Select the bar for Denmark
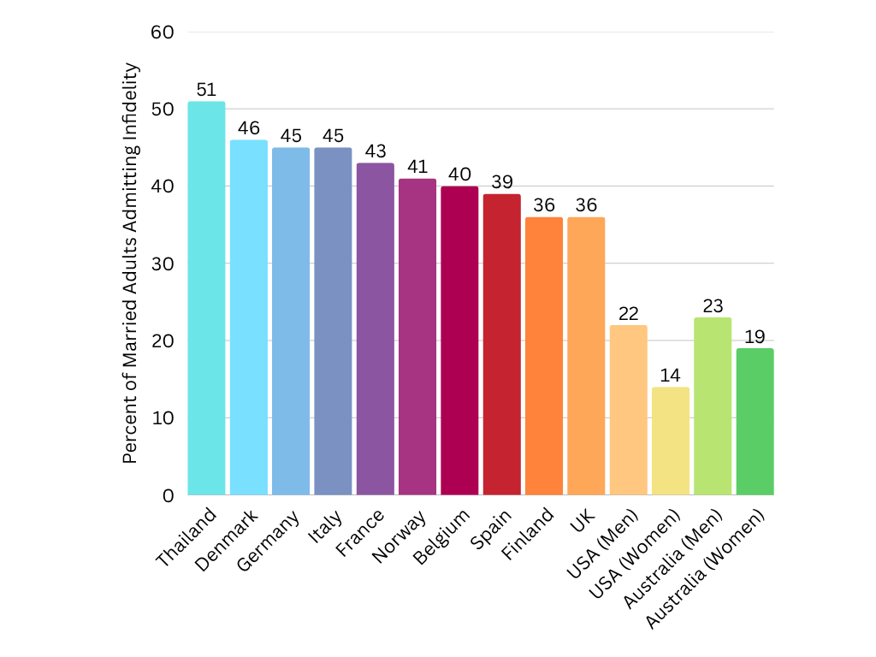pos(248,317)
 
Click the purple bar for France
pos(375,328)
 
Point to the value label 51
pos(206,90)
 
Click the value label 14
pos(670,376)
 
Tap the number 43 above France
pos(375,151)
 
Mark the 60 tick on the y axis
pos(163,33)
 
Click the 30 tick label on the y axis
pos(163,263)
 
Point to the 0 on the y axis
pos(169,495)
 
